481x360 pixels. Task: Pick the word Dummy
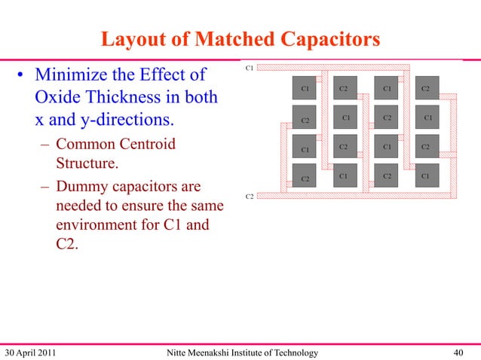85,186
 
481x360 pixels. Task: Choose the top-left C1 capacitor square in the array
305,88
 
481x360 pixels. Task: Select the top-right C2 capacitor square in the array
426,88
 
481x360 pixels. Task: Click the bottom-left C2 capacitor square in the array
305,178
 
